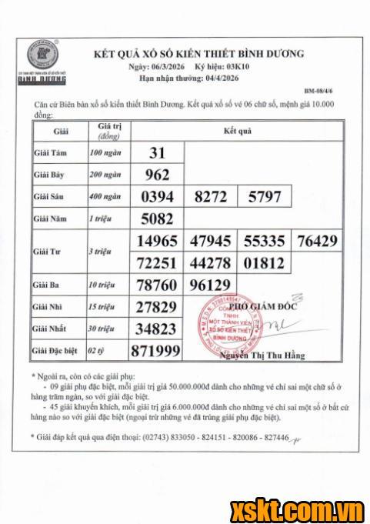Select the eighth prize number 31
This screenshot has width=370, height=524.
tap(158, 153)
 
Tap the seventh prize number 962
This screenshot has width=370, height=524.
tap(158, 175)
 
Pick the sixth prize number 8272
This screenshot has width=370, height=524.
tap(211, 197)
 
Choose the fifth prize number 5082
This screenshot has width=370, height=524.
tap(158, 219)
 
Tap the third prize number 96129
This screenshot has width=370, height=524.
tap(211, 286)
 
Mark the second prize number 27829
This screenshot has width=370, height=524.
tap(158, 309)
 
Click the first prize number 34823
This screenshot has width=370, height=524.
tap(158, 330)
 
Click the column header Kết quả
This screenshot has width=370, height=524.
tap(238, 132)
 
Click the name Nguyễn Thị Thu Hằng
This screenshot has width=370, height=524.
tap(262, 355)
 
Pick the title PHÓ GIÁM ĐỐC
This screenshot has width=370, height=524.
tap(267, 305)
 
